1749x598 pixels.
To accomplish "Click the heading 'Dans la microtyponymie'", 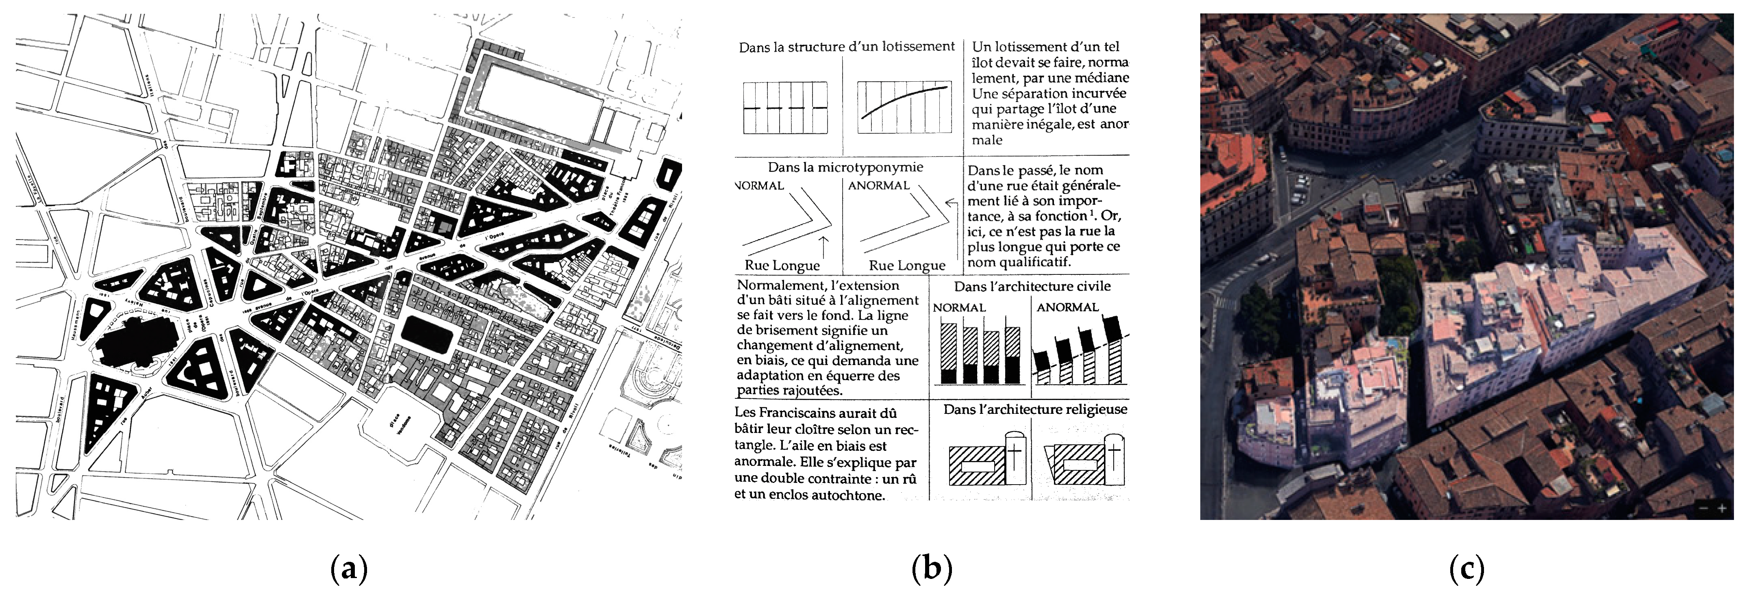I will click(x=845, y=167).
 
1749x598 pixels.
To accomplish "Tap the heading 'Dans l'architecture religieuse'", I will click(x=1035, y=409).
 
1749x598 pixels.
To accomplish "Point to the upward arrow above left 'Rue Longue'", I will click(x=823, y=246).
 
